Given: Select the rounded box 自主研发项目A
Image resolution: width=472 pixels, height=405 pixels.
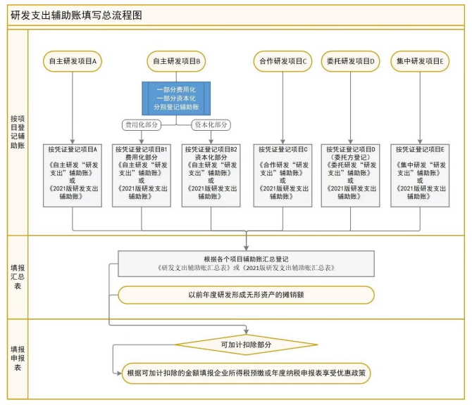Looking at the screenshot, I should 73,62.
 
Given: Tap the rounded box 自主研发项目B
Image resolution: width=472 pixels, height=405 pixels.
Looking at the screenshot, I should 177,62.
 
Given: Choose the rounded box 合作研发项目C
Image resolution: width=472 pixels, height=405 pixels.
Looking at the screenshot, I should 282,62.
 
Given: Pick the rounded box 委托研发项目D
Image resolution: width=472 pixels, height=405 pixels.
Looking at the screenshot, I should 350,62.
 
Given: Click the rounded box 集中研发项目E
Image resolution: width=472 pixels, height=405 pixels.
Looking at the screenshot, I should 420,62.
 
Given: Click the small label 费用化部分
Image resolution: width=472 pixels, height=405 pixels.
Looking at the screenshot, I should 142,124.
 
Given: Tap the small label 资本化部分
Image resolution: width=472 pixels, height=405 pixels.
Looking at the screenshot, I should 211,124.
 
